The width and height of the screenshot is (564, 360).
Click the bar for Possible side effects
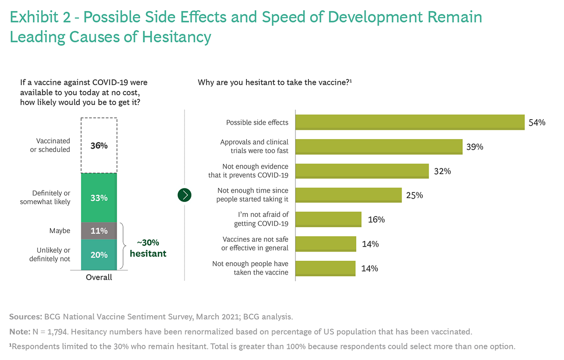(410, 122)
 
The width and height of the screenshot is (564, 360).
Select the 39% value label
(475, 147)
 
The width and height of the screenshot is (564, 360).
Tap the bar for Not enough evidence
(362, 171)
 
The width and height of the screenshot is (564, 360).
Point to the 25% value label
(414, 196)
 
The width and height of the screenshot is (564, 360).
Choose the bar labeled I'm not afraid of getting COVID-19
(328, 220)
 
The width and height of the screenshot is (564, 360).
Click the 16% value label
(376, 220)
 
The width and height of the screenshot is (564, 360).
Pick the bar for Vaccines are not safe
(326, 244)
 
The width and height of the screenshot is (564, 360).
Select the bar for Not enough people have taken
(325, 268)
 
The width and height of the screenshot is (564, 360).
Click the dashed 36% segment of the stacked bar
(99, 146)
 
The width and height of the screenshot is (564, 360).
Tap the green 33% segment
(99, 198)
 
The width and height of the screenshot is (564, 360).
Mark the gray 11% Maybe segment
(99, 231)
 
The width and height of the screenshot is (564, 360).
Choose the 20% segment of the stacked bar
(99, 255)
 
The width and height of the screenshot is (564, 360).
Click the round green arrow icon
(185, 196)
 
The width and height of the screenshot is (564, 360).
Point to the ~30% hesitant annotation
(148, 248)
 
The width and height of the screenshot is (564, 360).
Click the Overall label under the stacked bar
(99, 278)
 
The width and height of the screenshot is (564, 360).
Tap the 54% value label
(537, 123)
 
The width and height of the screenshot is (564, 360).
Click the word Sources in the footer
(24, 317)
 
